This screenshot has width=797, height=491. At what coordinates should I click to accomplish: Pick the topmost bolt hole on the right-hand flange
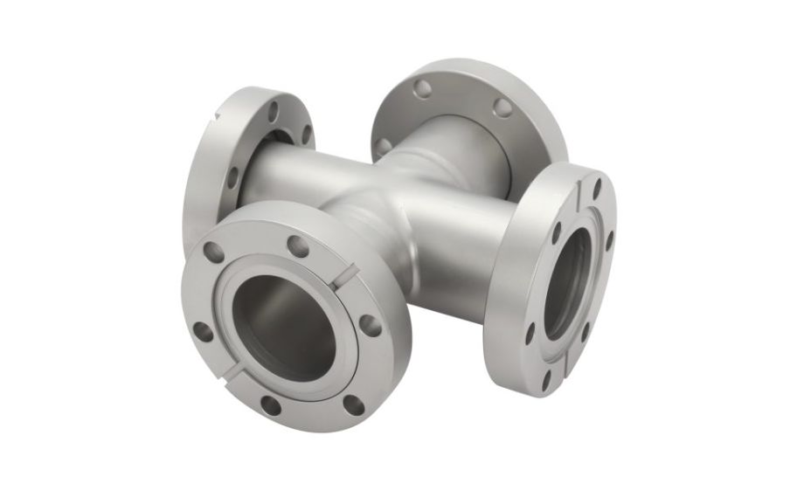click(x=595, y=186)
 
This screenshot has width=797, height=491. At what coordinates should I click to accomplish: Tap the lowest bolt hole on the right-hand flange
click(x=546, y=382)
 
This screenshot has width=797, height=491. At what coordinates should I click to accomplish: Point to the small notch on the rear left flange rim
click(x=216, y=114)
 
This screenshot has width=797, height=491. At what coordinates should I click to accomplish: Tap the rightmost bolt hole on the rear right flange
click(x=502, y=107)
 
